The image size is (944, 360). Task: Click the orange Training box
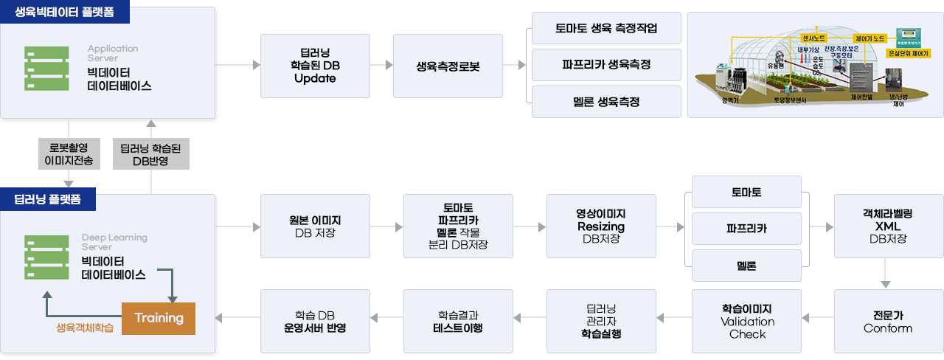click(x=159, y=318)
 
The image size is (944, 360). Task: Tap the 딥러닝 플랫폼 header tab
click(x=47, y=199)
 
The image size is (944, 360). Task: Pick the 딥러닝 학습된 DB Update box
click(x=315, y=66)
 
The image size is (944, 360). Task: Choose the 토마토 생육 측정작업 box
click(x=606, y=30)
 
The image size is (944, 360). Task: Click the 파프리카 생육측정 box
click(x=606, y=65)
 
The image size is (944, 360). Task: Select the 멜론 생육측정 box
click(x=606, y=101)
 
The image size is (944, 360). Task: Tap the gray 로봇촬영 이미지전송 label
click(x=69, y=153)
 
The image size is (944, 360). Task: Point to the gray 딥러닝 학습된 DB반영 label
click(x=151, y=153)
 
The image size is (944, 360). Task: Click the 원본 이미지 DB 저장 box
click(x=315, y=226)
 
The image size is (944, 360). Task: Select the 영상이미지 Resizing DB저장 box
click(x=600, y=226)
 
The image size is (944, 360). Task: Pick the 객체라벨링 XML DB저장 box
click(x=888, y=226)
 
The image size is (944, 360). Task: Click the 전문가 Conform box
click(x=888, y=321)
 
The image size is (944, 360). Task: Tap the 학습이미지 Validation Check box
click(x=747, y=321)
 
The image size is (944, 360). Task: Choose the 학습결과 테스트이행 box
click(x=457, y=321)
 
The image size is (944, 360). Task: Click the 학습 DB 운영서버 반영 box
click(x=315, y=321)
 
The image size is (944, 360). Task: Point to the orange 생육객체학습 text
click(x=85, y=328)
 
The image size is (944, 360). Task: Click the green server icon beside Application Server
click(x=46, y=69)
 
